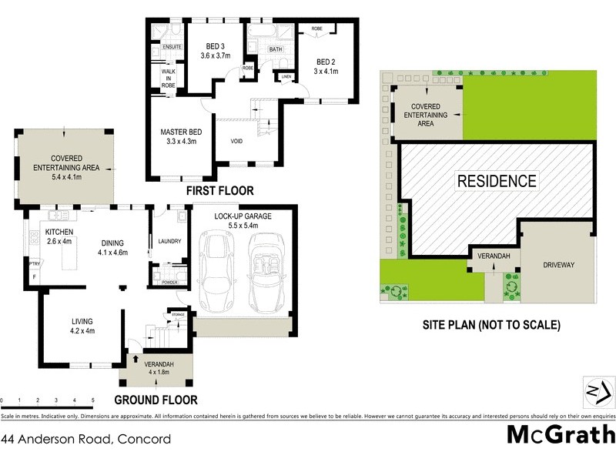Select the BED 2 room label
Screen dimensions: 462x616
(x=326, y=62)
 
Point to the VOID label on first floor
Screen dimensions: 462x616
(x=236, y=142)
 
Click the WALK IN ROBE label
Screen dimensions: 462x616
(x=168, y=78)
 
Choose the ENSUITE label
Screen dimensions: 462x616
(x=171, y=47)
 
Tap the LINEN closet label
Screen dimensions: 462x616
(x=286, y=77)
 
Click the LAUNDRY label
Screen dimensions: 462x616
(x=169, y=241)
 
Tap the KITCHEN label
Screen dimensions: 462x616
(x=59, y=232)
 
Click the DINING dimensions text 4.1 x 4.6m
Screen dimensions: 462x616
(x=112, y=253)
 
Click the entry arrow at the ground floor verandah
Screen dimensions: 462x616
(x=136, y=358)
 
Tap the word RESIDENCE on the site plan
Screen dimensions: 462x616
(x=497, y=182)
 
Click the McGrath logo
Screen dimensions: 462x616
(x=560, y=435)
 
